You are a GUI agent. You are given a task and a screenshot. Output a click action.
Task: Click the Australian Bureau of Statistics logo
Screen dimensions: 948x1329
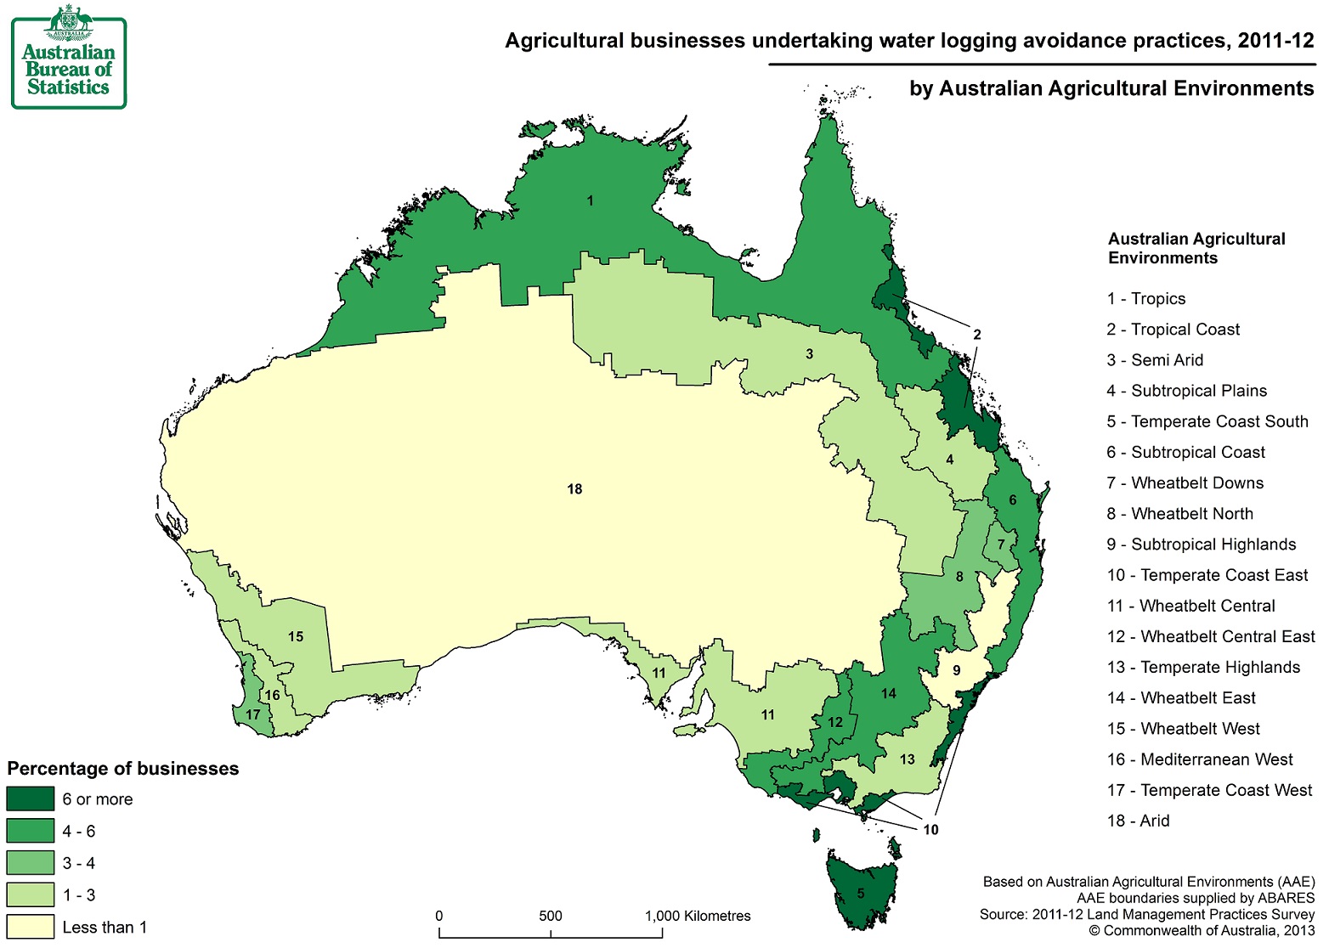[68, 57]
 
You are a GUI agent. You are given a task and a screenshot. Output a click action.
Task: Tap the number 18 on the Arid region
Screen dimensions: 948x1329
[574, 489]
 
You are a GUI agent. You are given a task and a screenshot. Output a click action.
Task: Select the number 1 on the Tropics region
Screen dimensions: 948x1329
[590, 201]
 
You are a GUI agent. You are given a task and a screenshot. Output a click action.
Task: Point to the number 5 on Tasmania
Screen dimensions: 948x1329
[861, 894]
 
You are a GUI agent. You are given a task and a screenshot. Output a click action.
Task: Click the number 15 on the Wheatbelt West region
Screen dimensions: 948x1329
[296, 636]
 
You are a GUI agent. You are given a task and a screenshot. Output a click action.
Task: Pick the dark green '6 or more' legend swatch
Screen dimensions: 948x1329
[30, 799]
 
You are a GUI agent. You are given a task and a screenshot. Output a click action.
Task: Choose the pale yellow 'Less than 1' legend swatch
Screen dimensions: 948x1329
[30, 927]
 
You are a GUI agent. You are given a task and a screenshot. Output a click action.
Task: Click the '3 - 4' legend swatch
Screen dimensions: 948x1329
[30, 863]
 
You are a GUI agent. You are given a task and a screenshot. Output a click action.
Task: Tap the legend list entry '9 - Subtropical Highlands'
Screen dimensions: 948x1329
[1201, 545]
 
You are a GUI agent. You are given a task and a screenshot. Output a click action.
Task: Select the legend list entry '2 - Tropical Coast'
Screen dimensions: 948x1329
[1173, 330]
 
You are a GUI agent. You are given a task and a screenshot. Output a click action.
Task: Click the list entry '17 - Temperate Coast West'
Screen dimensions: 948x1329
[1208, 790]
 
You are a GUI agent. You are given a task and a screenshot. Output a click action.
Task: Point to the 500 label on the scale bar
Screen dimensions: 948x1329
[551, 916]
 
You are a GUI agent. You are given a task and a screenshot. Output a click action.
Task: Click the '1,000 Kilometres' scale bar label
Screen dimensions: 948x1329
[698, 916]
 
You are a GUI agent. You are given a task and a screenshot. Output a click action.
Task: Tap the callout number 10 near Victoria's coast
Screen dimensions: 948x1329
[930, 829]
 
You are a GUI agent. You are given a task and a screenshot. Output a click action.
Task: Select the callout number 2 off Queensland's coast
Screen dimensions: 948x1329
[977, 335]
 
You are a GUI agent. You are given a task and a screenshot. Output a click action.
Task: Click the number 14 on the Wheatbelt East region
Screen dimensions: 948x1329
[889, 693]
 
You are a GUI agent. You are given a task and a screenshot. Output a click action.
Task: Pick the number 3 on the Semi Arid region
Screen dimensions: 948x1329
[809, 353]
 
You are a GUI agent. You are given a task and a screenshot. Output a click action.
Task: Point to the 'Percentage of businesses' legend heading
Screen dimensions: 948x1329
[123, 769]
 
